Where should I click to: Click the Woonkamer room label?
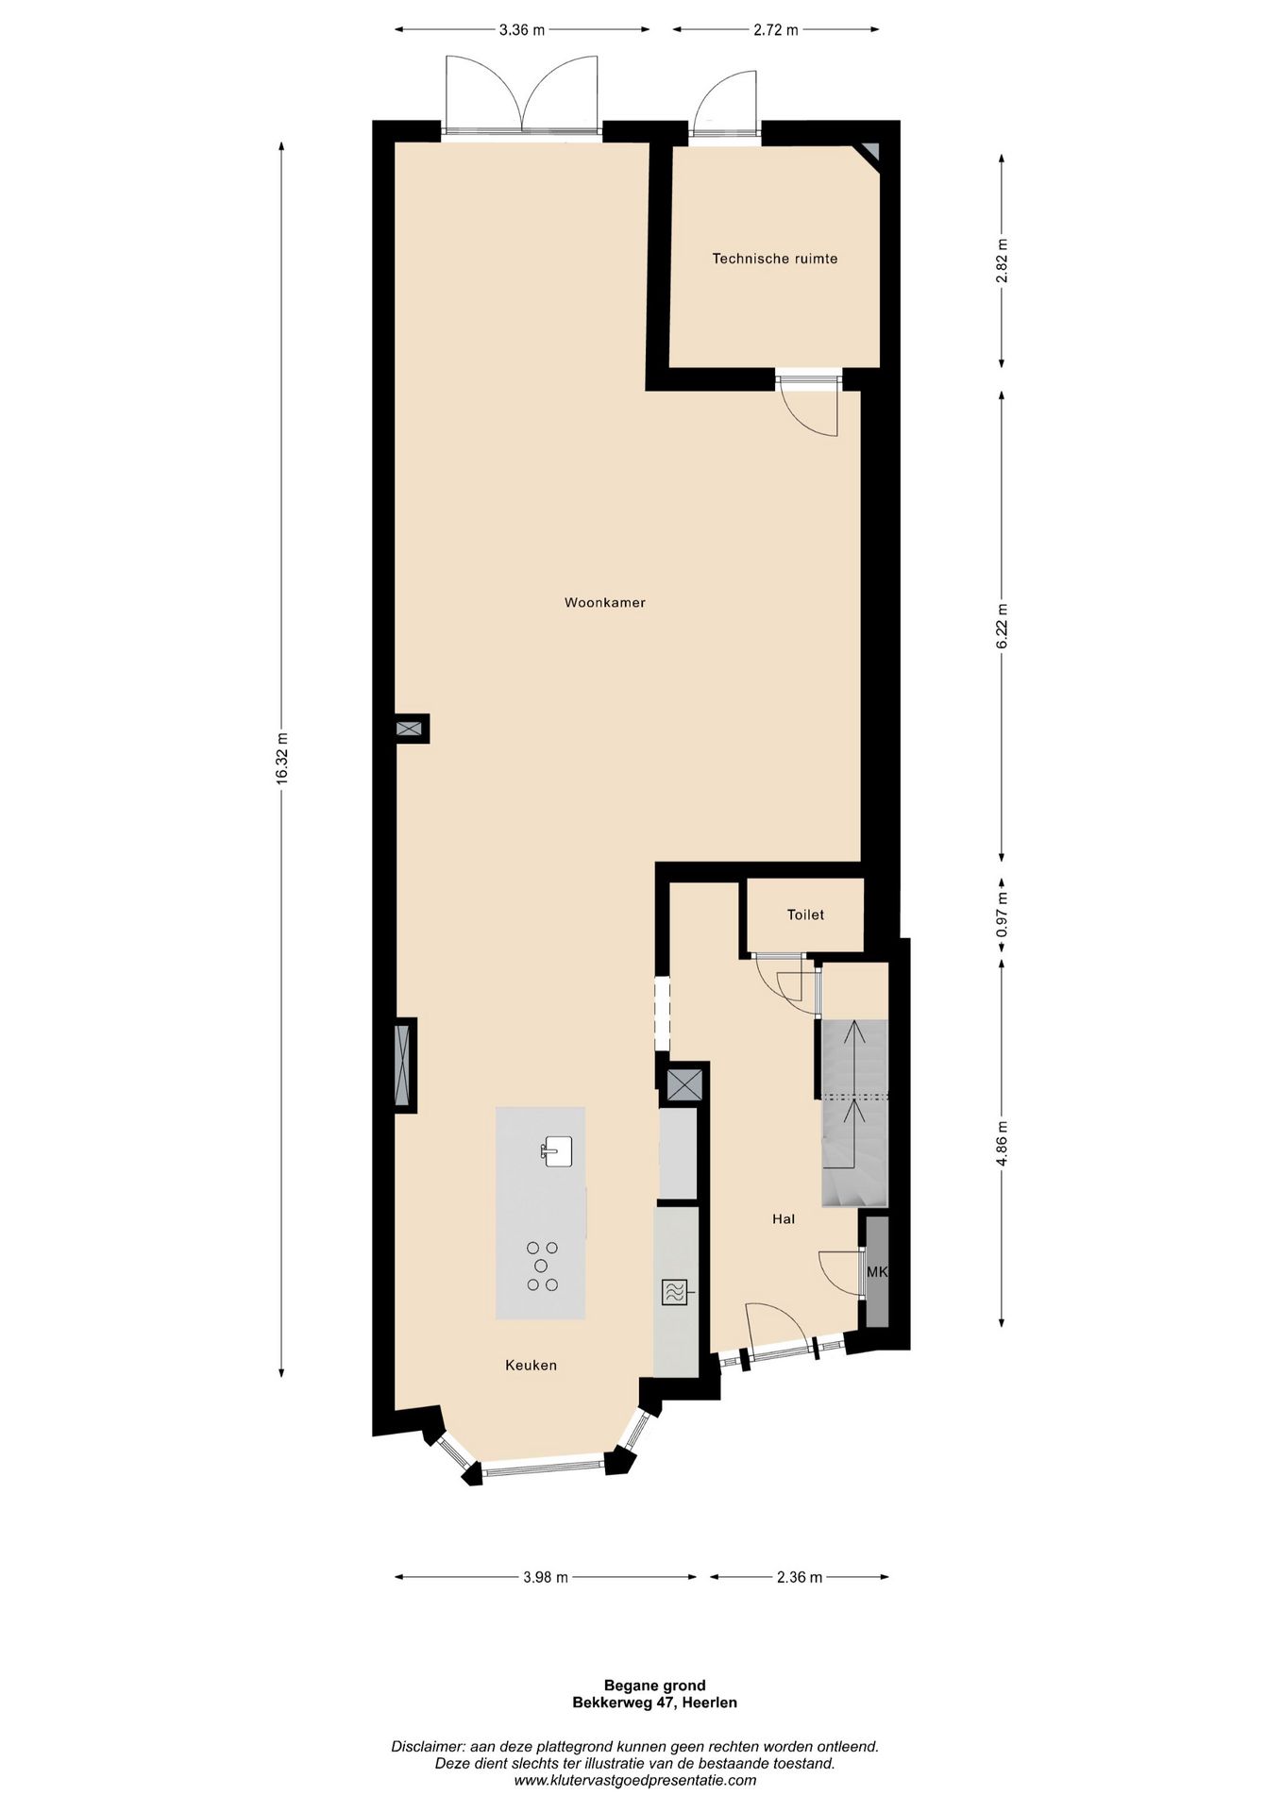coord(605,602)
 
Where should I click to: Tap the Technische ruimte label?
coord(775,259)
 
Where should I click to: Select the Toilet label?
coord(806,914)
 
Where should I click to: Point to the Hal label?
coord(784,1218)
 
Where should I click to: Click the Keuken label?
coord(531,1365)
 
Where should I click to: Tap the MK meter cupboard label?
coord(878,1272)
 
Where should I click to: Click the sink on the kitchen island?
coord(557,1151)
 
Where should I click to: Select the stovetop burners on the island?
coord(542,1266)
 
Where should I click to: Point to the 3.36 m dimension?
coord(522,30)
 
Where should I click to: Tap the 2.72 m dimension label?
coord(776,30)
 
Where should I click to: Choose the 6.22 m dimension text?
coord(1002,626)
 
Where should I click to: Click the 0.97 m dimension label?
coord(1002,914)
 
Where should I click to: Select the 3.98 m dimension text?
coord(546,1577)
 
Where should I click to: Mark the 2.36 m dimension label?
coord(800,1577)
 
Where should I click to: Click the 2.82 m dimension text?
coord(1002,260)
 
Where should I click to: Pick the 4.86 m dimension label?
coord(1002,1144)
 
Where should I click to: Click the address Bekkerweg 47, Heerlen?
coord(655,1703)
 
